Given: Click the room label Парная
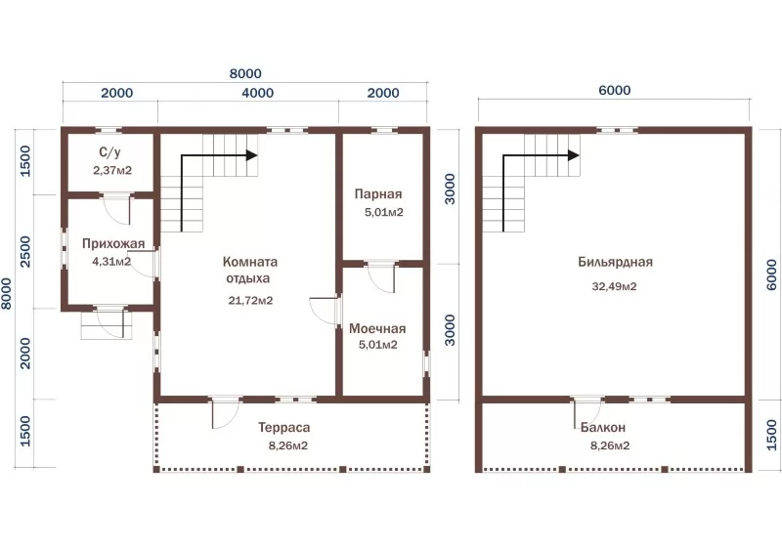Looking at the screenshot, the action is (x=378, y=193).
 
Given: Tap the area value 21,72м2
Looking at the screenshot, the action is (x=250, y=301).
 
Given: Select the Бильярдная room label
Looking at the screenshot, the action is (x=616, y=262).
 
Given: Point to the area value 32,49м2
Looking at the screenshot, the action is (x=614, y=286).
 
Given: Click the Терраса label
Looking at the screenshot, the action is (x=283, y=428).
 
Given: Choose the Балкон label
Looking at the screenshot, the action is (x=603, y=428).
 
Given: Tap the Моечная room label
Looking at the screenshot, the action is (x=377, y=328).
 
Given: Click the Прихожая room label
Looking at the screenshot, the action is (x=113, y=243).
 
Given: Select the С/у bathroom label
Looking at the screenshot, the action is (x=109, y=152).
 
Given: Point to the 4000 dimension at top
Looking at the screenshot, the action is (x=257, y=93).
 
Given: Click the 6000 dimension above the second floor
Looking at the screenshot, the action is (x=615, y=90).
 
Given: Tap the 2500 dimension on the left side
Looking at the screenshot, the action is (x=25, y=252).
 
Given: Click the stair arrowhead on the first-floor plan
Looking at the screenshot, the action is (x=252, y=155).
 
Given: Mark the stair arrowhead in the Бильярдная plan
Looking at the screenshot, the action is (x=574, y=155).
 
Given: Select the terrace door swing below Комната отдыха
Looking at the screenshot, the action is (x=226, y=412).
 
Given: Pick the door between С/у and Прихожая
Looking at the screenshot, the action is (x=115, y=210).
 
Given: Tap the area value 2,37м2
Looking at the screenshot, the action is (x=112, y=170).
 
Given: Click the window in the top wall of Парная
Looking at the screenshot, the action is (x=384, y=131).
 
